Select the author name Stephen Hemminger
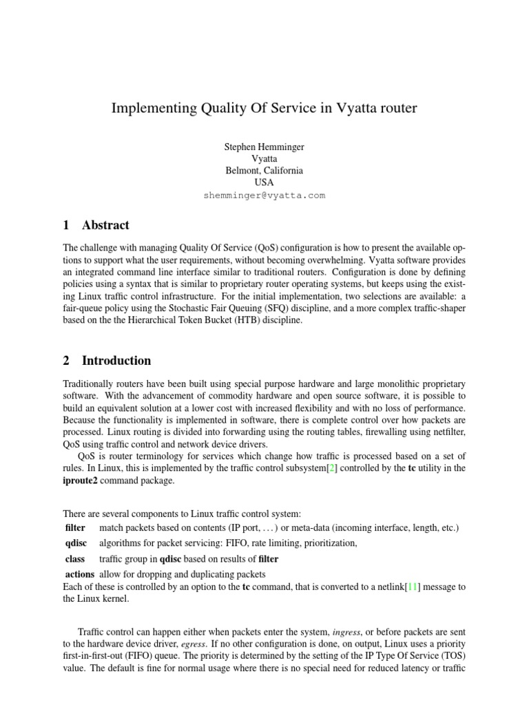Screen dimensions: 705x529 pyautogui.click(x=264, y=147)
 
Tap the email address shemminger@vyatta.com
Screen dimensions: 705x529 pyautogui.click(x=264, y=196)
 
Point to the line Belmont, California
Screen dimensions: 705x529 pyautogui.click(x=264, y=171)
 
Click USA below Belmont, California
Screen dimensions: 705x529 pyautogui.click(x=264, y=182)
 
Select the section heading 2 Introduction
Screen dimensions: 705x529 pyautogui.click(x=107, y=361)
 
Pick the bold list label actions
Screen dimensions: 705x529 pyautogui.click(x=79, y=574)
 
